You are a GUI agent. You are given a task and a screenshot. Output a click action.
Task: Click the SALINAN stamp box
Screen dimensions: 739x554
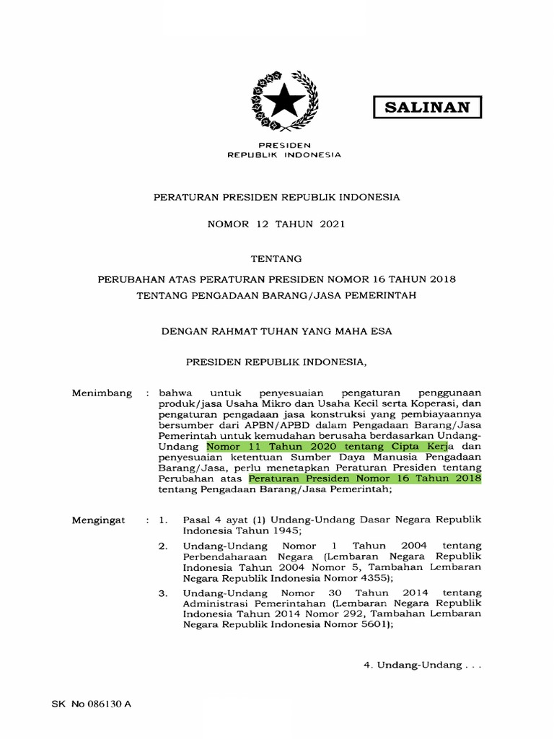point(427,108)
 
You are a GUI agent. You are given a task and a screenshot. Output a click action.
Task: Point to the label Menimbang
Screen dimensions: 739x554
point(102,393)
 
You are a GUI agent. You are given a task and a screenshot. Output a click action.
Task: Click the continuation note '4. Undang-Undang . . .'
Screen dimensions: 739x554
point(421,664)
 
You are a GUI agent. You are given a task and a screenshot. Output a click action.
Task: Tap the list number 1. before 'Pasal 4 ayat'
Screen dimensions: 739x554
point(164,520)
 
